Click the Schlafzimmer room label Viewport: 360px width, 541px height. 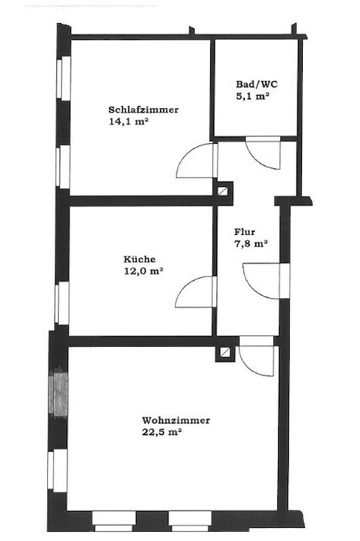coord(144,110)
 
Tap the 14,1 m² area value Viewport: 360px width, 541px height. coord(128,121)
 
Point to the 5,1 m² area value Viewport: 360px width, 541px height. coord(253,97)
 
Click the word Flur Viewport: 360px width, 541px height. coord(244,232)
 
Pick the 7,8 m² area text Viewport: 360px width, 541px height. coord(251,244)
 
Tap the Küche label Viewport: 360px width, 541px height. coord(140,259)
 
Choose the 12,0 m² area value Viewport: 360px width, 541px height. coord(144,271)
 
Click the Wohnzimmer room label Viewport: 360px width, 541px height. coord(176,420)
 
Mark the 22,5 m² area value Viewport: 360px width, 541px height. coord(161,432)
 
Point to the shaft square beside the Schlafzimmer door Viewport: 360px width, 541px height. coord(222,191)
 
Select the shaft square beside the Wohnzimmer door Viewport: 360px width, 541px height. coord(225,352)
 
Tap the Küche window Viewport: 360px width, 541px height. coord(63,303)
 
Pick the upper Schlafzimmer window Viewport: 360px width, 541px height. coord(64,79)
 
